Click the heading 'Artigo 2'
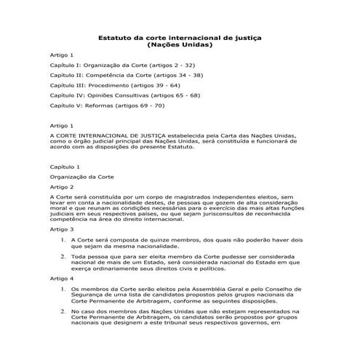tap(62, 187)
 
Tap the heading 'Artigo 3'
tap(62, 228)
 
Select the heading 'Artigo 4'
tap(62, 279)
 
